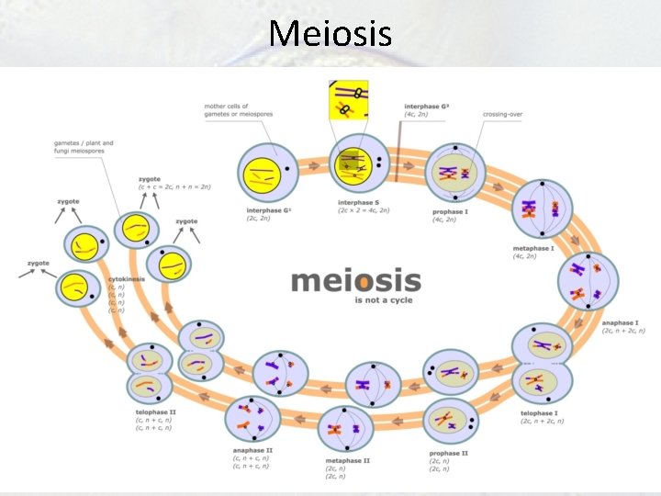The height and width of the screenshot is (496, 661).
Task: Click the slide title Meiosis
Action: tap(330, 34)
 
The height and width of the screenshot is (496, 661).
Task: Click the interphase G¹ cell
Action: tap(267, 173)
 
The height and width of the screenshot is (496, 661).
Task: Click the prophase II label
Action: tap(449, 453)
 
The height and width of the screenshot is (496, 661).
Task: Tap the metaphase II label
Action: tap(348, 460)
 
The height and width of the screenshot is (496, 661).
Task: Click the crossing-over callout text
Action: tap(503, 114)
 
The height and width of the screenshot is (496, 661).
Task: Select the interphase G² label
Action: tap(426, 107)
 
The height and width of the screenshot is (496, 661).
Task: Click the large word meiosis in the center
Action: tap(355, 280)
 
